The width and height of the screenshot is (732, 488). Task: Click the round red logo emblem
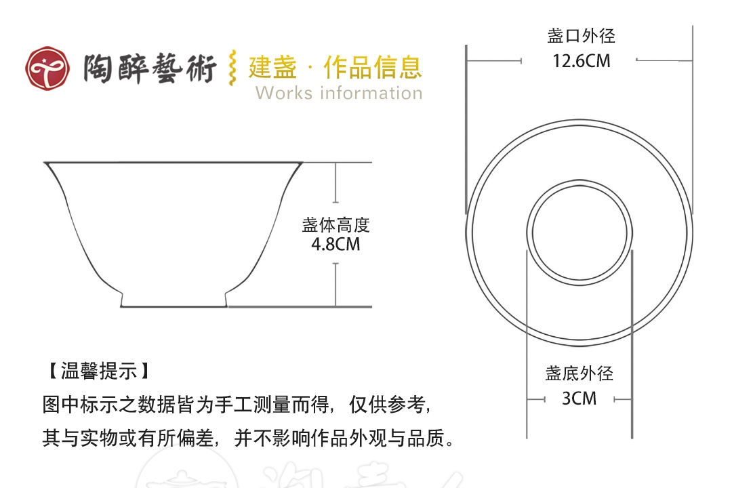click(47, 68)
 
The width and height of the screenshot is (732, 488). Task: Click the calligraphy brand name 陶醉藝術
click(150, 68)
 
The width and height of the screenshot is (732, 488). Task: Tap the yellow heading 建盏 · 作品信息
click(335, 67)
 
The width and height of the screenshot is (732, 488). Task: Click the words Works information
click(339, 93)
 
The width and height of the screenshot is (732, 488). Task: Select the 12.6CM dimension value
click(582, 61)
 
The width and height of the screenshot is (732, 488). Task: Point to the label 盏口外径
click(582, 36)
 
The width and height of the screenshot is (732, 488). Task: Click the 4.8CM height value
click(335, 244)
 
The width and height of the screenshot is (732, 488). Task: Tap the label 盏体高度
click(335, 225)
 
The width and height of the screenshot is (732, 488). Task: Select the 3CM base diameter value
click(579, 399)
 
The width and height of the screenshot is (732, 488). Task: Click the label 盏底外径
click(579, 373)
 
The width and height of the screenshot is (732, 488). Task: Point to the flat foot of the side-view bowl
click(174, 306)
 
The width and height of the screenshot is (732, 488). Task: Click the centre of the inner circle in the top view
click(579, 232)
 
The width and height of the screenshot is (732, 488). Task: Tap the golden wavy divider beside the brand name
click(232, 68)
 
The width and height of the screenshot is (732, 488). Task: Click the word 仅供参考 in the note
click(387, 405)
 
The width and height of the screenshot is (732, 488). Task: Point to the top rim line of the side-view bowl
click(174, 163)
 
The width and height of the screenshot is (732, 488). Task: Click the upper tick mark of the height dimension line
click(335, 202)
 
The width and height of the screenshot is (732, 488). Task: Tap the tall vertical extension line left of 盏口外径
click(466, 129)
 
